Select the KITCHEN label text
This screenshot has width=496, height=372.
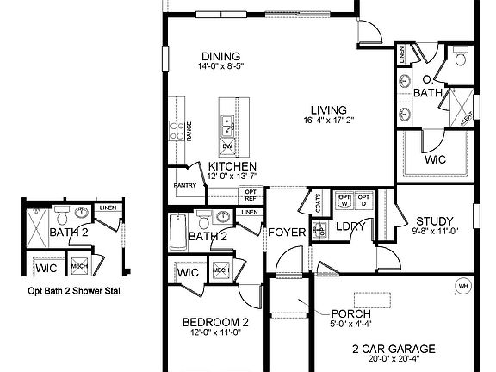point(232,165)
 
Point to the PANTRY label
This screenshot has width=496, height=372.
point(184,185)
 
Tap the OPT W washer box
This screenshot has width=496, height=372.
point(344,201)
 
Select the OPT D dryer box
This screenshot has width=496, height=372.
point(364,201)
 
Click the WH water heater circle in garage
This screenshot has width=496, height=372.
point(463,286)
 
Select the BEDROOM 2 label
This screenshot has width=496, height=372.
point(215,323)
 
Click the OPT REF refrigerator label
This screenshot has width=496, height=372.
point(251,195)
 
